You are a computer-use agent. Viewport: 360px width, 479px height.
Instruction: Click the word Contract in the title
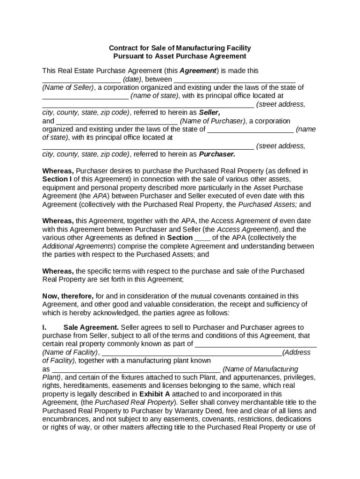pos(123,48)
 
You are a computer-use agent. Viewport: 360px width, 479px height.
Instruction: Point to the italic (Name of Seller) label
pos(68,87)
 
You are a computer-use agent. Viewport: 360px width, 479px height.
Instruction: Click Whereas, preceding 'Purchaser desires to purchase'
pos(58,171)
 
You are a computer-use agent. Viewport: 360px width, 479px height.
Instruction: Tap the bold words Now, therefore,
pos(68,296)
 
